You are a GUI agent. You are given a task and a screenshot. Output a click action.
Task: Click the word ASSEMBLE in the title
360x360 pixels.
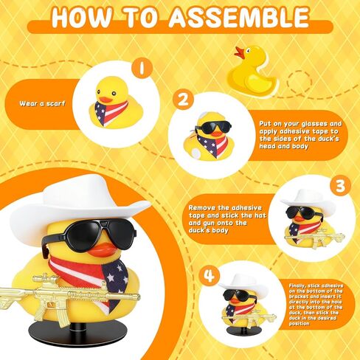coord(238,17)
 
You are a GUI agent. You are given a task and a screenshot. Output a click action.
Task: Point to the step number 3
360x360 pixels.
coord(339,186)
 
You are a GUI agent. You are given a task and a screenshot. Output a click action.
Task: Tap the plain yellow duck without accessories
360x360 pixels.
coord(253,69)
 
